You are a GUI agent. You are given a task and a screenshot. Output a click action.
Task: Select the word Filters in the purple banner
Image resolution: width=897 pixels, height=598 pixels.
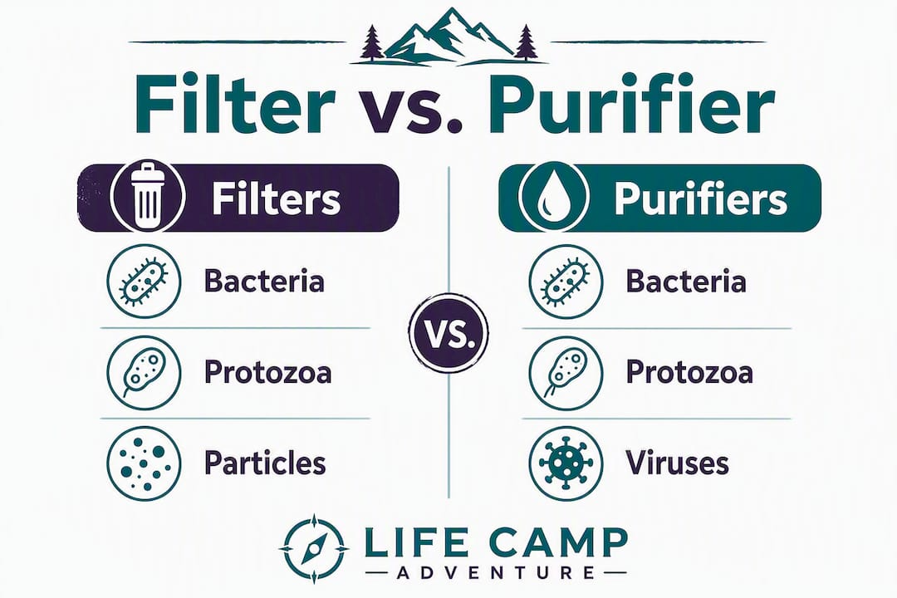[x=277, y=199]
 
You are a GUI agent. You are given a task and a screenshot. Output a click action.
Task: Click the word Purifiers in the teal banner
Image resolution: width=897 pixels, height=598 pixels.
[x=700, y=199]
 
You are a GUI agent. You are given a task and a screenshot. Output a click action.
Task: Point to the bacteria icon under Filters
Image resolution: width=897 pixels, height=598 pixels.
[x=144, y=281]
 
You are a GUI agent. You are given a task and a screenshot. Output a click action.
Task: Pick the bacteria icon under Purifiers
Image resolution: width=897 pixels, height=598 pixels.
[x=566, y=281]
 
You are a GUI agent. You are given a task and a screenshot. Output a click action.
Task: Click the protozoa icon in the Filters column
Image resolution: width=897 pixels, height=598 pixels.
[x=144, y=373]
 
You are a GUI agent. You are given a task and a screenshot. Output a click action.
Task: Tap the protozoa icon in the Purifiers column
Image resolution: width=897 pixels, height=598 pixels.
[x=566, y=373]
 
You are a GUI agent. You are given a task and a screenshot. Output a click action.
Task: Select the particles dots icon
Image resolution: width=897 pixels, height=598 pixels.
[x=144, y=463]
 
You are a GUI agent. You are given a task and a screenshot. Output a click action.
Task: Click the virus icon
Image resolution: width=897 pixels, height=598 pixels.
[x=566, y=463]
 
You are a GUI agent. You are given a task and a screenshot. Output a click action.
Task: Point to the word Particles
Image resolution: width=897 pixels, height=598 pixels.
[x=265, y=463]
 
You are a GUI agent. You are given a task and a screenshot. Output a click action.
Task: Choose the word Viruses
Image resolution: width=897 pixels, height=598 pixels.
[x=678, y=463]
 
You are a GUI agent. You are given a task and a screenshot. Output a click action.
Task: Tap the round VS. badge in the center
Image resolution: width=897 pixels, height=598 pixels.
[x=449, y=334]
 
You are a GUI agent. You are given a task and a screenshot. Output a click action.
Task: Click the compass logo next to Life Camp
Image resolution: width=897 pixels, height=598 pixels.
[x=313, y=549]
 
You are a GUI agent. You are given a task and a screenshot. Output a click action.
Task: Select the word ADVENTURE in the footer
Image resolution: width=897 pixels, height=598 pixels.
[x=495, y=572]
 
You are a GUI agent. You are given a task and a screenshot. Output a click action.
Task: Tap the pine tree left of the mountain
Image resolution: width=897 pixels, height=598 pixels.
[x=372, y=43]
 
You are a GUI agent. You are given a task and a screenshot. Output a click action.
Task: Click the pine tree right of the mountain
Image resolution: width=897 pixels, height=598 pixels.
[x=525, y=43]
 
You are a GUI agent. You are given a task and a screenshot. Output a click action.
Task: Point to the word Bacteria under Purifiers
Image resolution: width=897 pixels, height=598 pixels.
[x=687, y=281]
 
